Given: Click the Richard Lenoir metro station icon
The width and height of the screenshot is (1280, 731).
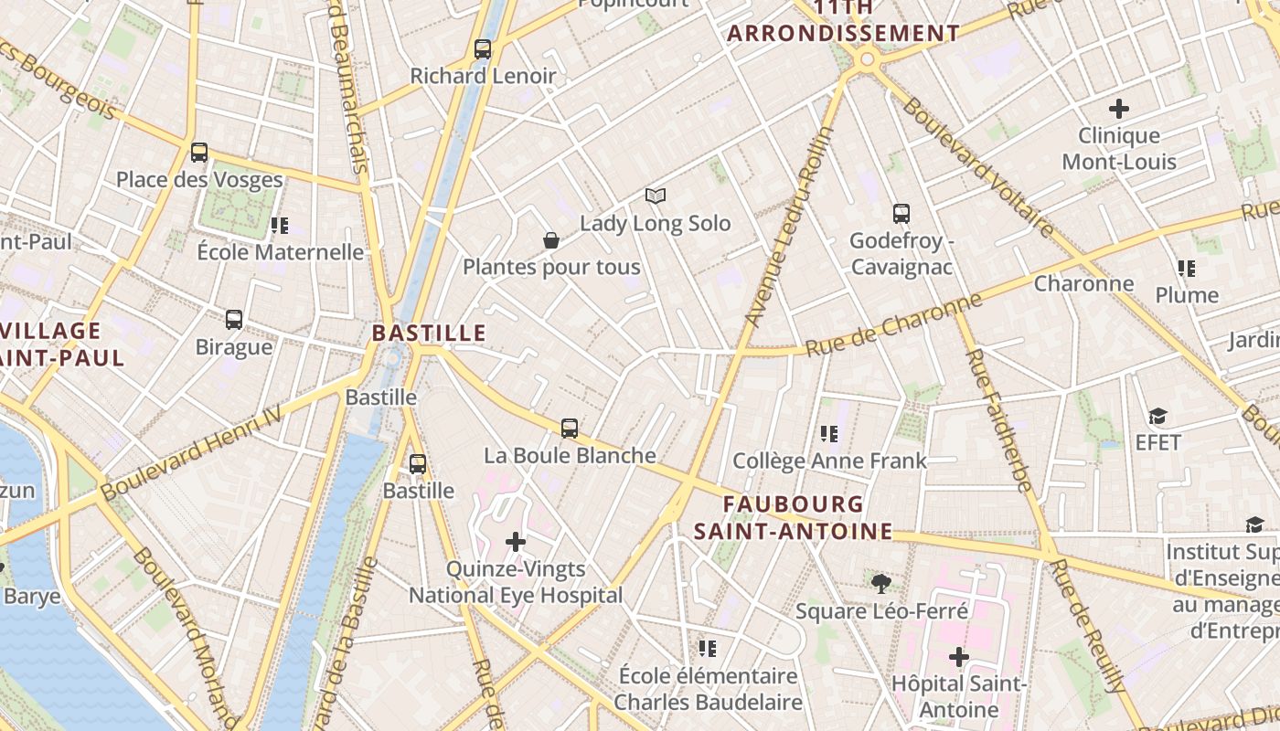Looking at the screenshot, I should point(483,49).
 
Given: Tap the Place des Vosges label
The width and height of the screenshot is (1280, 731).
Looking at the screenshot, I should point(199,179).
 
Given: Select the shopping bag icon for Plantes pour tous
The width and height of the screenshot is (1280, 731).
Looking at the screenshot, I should point(551,240).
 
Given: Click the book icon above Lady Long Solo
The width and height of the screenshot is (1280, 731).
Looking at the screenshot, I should point(655,196).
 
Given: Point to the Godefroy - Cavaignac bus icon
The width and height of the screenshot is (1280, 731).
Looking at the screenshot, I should point(901,214).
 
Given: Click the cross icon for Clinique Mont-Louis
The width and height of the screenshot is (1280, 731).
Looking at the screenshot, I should point(1118,109).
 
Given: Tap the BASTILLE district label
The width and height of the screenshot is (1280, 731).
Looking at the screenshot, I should point(429,333).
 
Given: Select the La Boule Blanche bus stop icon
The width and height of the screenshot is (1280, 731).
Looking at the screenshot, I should point(570,428).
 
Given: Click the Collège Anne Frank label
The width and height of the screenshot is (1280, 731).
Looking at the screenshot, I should point(829,461).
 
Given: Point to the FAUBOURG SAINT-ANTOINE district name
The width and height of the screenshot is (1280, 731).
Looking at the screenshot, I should point(793,517).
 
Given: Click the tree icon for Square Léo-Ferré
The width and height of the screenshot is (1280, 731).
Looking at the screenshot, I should point(881,583).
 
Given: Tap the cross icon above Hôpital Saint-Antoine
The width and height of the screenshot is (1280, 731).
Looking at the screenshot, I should point(958,656).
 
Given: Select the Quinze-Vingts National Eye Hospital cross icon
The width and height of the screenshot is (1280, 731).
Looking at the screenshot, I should point(516,542).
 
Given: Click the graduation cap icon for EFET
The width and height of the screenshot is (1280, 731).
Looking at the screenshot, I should point(1158,417).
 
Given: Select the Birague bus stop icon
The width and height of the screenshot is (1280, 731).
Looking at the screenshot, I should point(234,320).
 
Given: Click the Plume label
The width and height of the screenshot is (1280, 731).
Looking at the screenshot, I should point(1187,295).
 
